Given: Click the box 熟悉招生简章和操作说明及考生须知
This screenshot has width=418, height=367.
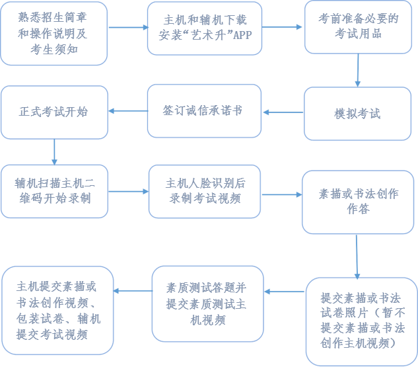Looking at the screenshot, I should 54,32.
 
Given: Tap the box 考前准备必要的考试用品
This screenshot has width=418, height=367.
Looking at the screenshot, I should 357,26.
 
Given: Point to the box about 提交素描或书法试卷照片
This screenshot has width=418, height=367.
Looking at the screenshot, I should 357,320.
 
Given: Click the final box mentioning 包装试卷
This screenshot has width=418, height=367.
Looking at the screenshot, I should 58,311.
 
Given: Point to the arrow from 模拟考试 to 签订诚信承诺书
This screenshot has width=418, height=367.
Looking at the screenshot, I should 283,112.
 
